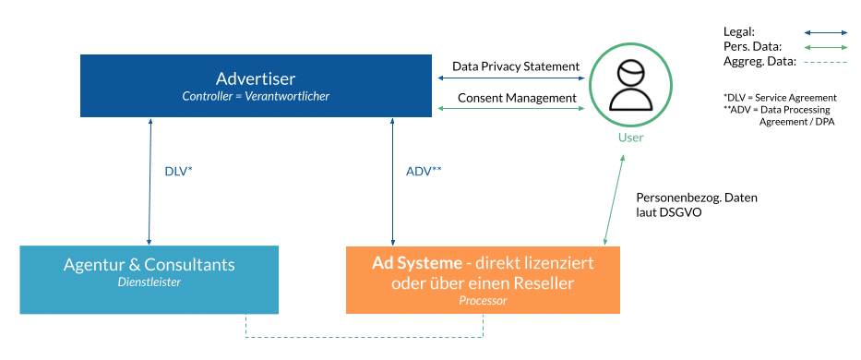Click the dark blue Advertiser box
pyautogui.click(x=256, y=85)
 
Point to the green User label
pyautogui.click(x=630, y=138)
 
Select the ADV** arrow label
pyautogui.click(x=424, y=172)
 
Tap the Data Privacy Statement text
pyautogui.click(x=515, y=66)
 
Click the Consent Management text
pyautogui.click(x=515, y=98)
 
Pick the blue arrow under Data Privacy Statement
pyautogui.click(x=510, y=80)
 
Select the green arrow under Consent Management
pyautogui.click(x=510, y=110)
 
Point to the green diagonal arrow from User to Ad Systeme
pyautogui.click(x=615, y=197)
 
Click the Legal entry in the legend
pyautogui.click(x=739, y=31)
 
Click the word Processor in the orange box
pyautogui.click(x=483, y=301)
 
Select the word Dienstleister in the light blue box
pyautogui.click(x=149, y=282)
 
